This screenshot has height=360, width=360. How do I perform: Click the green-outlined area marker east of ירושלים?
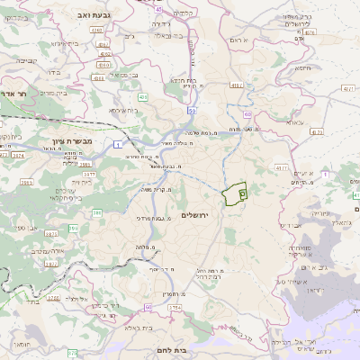click(236, 193)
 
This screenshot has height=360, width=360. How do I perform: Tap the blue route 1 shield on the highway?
click(117, 144)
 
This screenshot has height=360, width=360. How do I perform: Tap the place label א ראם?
click(238, 40)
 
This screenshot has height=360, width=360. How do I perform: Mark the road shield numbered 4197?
click(282, 167)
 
